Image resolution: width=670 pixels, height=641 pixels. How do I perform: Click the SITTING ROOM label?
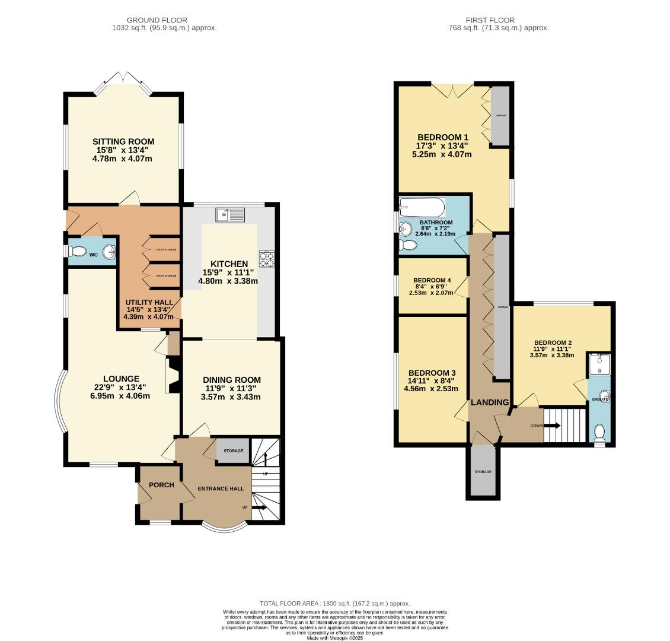click(x=123, y=141)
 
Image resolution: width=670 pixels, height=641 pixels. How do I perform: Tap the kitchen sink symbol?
click(x=230, y=215)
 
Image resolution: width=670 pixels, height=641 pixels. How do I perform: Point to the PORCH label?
click(x=161, y=485)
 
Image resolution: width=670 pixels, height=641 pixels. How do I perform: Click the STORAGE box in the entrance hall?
click(x=233, y=451)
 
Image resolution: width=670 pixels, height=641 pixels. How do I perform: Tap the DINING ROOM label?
click(x=231, y=380)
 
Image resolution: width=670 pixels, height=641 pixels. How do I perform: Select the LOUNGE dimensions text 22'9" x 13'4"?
click(x=121, y=387)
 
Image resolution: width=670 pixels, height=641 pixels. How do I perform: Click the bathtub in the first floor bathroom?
click(x=422, y=208)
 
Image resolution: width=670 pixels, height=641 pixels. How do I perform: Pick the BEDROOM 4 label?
click(x=432, y=280)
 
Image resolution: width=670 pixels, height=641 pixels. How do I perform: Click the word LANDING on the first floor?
click(x=490, y=402)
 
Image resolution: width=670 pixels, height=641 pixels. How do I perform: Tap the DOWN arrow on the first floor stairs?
click(x=552, y=426)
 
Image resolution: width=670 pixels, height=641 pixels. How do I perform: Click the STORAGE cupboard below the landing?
click(x=483, y=471)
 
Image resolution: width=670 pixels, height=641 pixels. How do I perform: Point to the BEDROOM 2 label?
click(x=553, y=342)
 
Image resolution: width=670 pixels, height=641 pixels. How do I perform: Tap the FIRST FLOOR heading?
click(x=490, y=20)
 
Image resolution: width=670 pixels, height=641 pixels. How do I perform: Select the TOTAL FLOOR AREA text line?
click(x=334, y=604)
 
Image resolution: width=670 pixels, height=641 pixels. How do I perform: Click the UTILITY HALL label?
click(x=149, y=302)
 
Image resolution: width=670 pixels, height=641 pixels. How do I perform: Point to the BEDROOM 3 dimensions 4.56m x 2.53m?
click(x=431, y=389)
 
